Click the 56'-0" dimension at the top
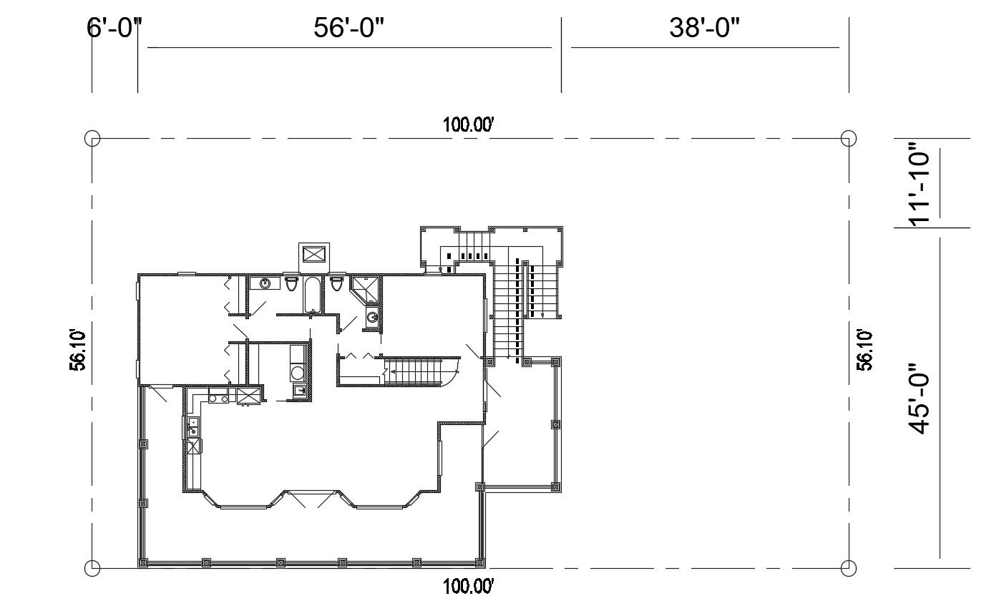(349, 29)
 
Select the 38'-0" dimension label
(704, 29)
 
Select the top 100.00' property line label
(469, 124)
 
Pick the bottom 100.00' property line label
(469, 587)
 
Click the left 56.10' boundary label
(78, 350)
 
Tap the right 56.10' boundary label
(865, 350)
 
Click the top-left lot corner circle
(92, 138)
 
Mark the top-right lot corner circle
(849, 138)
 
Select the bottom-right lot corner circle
(849, 569)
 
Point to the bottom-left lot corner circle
(92, 569)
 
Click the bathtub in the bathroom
(313, 295)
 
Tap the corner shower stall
(365, 290)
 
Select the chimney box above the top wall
(314, 254)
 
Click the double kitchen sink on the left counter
(192, 427)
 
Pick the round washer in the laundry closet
(297, 373)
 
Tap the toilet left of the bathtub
(291, 284)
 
